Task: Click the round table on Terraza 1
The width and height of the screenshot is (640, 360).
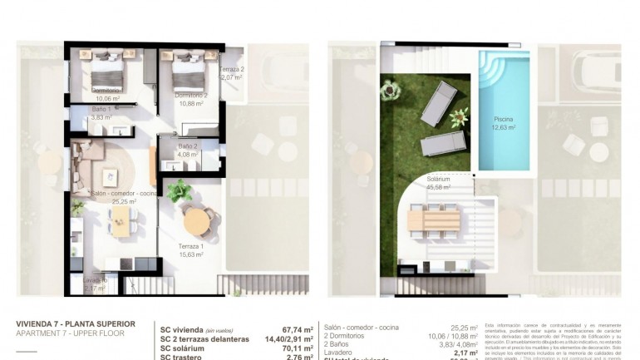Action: click(x=198, y=221)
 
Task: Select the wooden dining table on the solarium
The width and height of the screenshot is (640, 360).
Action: click(x=433, y=219)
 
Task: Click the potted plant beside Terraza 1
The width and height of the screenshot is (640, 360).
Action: click(x=179, y=191)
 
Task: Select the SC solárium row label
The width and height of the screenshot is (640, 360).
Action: click(x=187, y=348)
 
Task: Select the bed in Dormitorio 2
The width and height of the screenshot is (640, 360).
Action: click(x=189, y=72)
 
